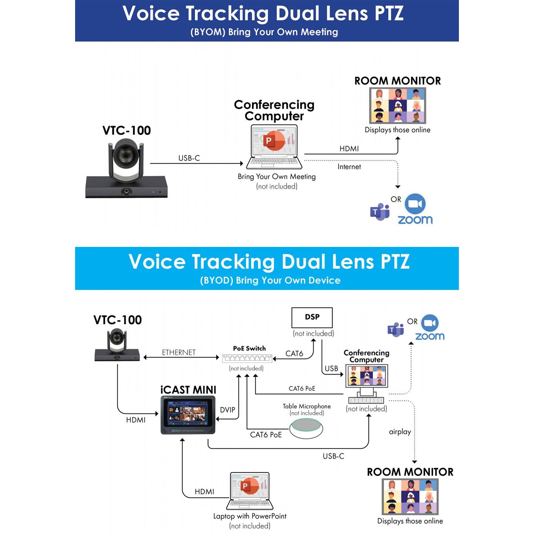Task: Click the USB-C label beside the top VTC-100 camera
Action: tap(189, 158)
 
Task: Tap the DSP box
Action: tap(312, 317)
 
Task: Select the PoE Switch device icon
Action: tap(247, 358)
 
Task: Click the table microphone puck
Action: tap(306, 428)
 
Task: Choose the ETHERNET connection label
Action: tap(179, 353)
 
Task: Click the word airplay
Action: tap(400, 432)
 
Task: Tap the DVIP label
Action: tap(227, 410)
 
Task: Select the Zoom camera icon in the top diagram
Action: tap(415, 204)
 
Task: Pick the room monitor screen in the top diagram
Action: tap(398, 106)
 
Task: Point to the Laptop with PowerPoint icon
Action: tap(249, 491)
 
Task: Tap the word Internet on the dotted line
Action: tap(349, 167)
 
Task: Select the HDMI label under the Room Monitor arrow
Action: tap(349, 149)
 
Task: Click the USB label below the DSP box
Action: tap(331, 368)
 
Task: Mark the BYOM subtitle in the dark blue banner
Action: tap(264, 32)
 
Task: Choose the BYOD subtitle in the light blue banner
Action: tap(270, 280)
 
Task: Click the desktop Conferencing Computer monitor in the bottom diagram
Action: tap(367, 375)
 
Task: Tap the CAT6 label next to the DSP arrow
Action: tap(294, 354)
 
